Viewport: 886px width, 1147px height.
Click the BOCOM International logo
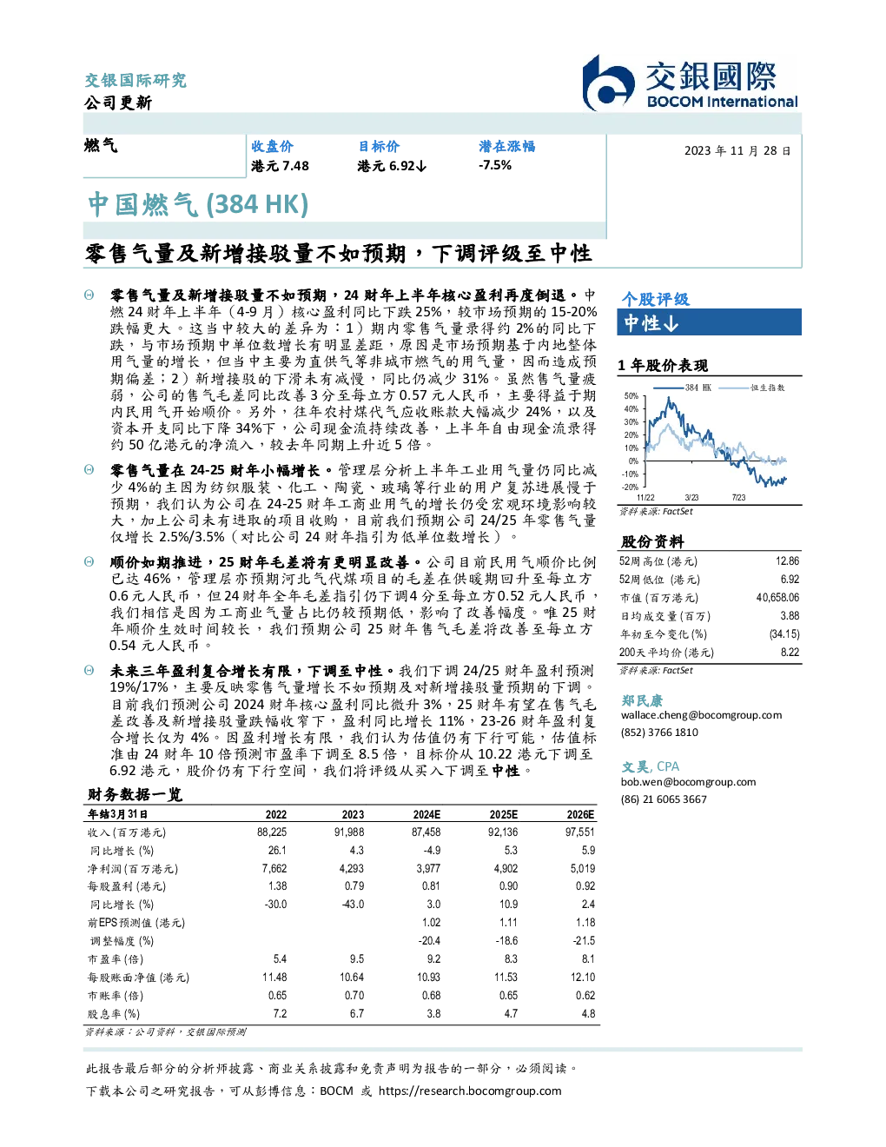[x=690, y=83]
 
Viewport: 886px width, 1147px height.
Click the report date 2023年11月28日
[x=737, y=151]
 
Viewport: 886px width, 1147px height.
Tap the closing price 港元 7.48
[x=280, y=166]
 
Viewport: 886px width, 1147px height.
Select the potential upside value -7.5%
[x=495, y=165]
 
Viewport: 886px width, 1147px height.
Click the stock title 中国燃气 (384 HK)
[x=198, y=205]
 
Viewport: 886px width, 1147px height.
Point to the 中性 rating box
[x=709, y=322]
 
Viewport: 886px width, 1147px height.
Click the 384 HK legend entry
[x=683, y=388]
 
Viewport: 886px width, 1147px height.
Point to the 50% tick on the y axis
[x=631, y=396]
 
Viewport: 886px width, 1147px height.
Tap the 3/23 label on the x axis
[x=691, y=497]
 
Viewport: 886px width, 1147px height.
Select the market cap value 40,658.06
[x=777, y=598]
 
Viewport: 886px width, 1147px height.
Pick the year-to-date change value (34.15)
[x=784, y=634]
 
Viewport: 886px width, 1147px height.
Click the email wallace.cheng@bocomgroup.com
[x=701, y=715]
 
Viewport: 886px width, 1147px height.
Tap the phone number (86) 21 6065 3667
[x=664, y=799]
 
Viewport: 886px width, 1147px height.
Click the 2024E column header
[x=426, y=814]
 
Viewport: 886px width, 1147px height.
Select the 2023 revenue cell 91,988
[x=349, y=832]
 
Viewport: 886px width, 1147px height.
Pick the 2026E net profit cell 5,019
[x=583, y=868]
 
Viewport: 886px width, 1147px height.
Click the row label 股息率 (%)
[x=114, y=1014]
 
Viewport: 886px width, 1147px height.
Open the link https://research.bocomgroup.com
[x=470, y=1091]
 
